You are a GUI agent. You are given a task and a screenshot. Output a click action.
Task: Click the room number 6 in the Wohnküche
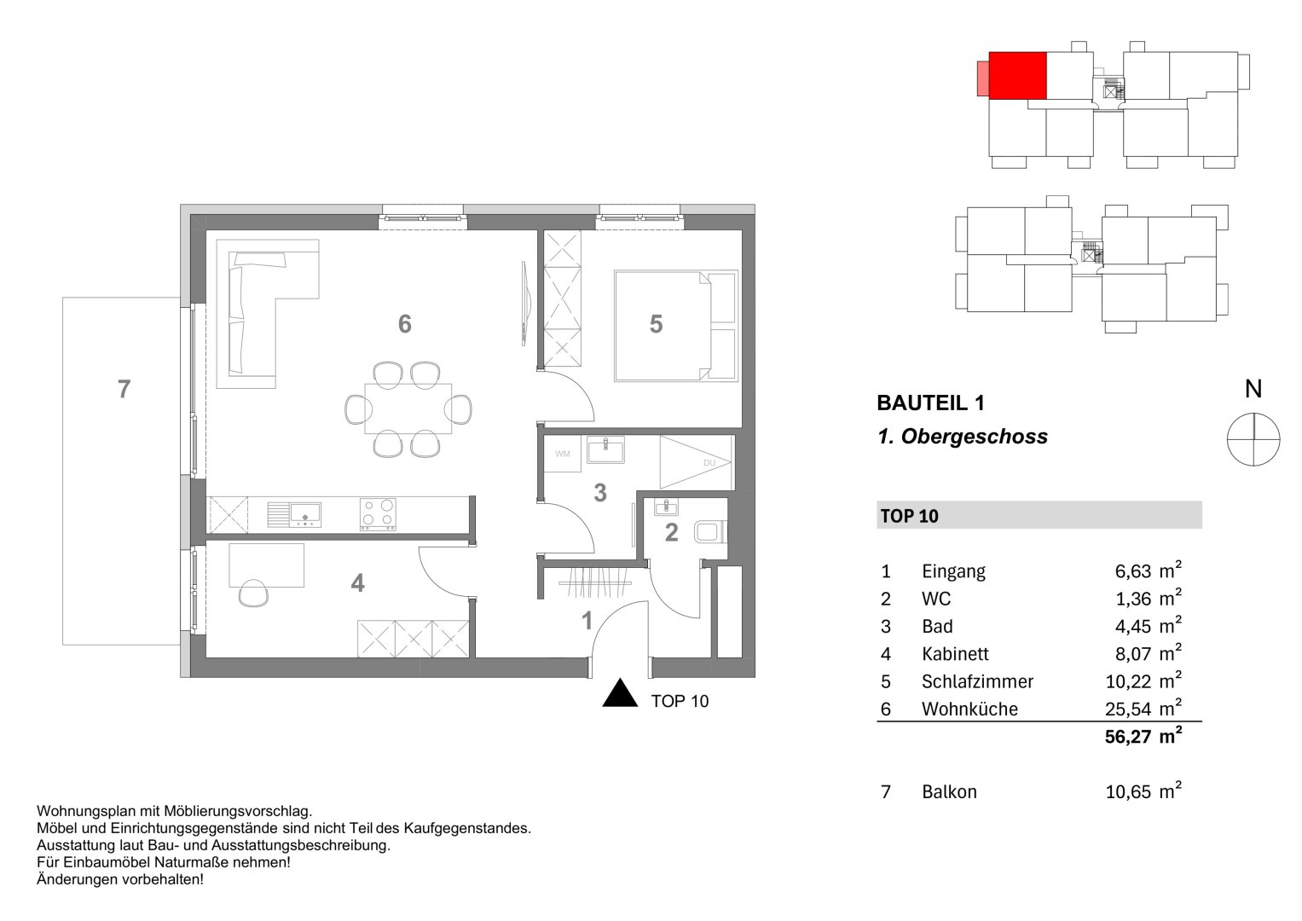click(x=404, y=324)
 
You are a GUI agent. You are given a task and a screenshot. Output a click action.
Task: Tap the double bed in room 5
click(x=674, y=326)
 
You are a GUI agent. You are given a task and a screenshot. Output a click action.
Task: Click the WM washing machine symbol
click(x=563, y=454)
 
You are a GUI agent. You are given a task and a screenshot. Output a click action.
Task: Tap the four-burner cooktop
click(x=378, y=514)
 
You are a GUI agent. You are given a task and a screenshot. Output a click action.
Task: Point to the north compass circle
click(x=1253, y=439)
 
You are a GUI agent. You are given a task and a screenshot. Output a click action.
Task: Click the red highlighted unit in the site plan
click(x=1017, y=76)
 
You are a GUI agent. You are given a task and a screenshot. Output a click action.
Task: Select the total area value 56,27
click(x=1128, y=738)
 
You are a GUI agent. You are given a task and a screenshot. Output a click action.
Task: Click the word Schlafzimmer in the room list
click(x=977, y=682)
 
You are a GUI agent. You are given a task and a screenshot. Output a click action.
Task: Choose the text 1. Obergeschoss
click(x=962, y=437)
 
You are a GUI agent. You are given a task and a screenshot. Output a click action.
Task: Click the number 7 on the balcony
click(x=124, y=390)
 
